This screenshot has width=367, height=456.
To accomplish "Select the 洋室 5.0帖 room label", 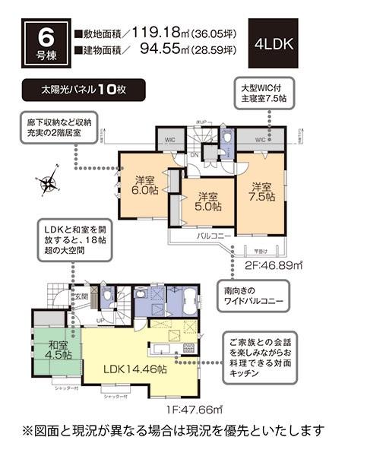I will pyautogui.click(x=206, y=200).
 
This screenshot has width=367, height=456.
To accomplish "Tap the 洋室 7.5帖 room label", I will pyautogui.click(x=261, y=192).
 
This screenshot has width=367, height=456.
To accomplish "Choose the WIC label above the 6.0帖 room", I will pyautogui.click(x=169, y=141).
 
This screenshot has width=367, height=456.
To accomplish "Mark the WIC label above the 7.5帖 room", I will pyautogui.click(x=261, y=140).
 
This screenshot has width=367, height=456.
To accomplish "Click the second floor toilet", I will pyautogui.click(x=227, y=139).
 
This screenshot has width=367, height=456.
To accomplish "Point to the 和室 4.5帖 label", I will pyautogui.click(x=56, y=347).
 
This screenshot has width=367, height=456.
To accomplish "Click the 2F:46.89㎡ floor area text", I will pyautogui.click(x=255, y=266).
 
